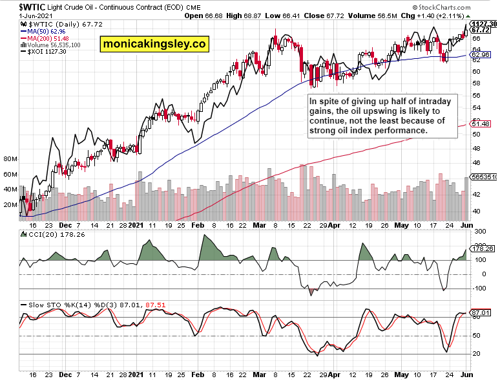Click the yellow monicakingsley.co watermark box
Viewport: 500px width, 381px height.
(x=154, y=44)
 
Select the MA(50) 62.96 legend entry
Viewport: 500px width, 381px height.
(x=43, y=30)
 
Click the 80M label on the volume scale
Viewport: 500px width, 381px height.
(x=10, y=158)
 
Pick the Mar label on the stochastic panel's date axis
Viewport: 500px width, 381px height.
(x=259, y=374)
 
